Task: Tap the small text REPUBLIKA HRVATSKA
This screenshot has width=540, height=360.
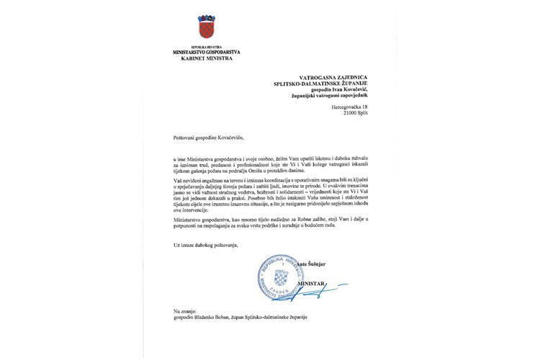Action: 206,46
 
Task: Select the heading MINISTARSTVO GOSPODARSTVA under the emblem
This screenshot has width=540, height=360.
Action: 206,53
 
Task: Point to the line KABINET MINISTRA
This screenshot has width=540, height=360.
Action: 206,59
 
